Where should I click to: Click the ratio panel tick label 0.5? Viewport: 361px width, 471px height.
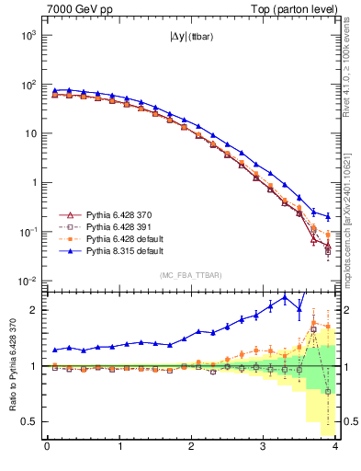[x=28, y=421]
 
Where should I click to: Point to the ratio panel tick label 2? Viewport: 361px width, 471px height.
[x=32, y=310]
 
